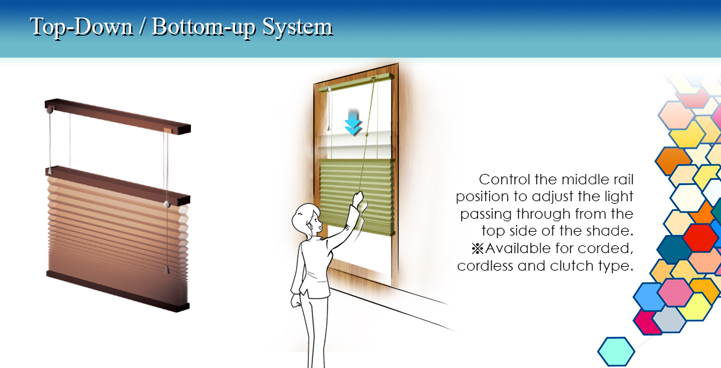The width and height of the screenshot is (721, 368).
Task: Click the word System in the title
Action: pos(297,27)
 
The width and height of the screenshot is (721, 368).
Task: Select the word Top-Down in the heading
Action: pos(81,27)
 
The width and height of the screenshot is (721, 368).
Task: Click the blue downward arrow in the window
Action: pos(353,122)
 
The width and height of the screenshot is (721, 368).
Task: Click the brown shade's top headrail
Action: pos(118,116)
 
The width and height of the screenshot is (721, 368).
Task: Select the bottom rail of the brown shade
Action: pos(118,291)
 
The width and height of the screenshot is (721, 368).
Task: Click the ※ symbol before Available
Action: pos(478,249)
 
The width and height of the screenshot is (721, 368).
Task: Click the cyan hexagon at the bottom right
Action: pos(616,352)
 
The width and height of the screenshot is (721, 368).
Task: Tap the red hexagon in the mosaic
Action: pos(700,238)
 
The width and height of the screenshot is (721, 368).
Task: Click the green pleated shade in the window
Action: pos(357,196)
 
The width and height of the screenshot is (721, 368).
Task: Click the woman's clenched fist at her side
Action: pos(295,300)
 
